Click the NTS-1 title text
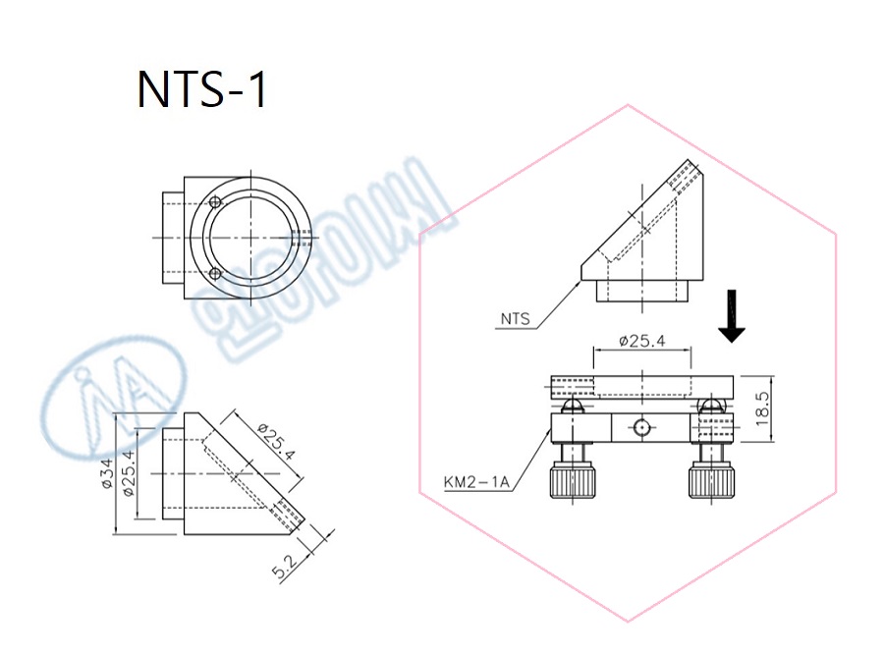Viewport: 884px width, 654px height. (x=201, y=89)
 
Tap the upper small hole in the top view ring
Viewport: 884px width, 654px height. (x=215, y=201)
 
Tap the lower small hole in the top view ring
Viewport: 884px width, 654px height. (x=215, y=274)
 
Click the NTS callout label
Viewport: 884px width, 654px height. (x=515, y=318)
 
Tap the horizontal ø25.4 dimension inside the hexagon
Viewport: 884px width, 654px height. (x=643, y=341)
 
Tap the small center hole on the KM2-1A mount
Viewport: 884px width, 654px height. (x=640, y=427)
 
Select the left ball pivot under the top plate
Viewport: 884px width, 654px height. (x=575, y=405)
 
